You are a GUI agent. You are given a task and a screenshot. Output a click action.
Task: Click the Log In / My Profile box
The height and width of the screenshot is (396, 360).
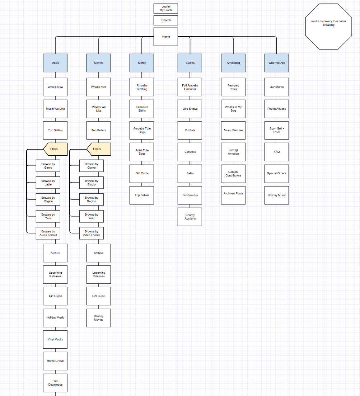(166, 8)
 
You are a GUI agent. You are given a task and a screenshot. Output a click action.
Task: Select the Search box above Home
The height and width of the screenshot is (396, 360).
(166, 20)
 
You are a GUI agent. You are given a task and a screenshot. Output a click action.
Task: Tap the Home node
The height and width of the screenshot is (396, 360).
(166, 37)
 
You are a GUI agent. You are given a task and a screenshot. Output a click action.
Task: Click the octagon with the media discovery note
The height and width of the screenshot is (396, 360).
(328, 26)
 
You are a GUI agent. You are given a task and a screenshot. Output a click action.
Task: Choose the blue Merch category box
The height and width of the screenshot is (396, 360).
(142, 63)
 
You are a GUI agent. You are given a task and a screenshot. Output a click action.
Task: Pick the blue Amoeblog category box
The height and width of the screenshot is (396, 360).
(233, 63)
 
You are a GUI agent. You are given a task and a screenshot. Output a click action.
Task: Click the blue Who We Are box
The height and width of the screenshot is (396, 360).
(276, 63)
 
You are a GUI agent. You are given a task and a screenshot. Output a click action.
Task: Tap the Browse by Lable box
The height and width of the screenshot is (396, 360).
(48, 183)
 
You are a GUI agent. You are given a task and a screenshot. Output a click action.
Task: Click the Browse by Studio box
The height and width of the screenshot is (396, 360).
(92, 183)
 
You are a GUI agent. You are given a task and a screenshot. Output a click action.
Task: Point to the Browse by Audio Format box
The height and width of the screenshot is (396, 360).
(48, 233)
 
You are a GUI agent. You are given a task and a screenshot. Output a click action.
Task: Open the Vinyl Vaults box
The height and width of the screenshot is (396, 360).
(55, 339)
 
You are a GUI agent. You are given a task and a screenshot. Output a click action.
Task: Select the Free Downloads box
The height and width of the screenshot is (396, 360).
(55, 383)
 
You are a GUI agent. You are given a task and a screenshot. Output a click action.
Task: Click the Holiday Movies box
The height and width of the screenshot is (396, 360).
(99, 318)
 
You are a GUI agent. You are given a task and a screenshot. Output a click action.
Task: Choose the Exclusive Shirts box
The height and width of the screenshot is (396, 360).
(142, 109)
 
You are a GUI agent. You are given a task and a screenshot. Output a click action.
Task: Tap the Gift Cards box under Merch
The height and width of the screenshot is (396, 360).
(142, 173)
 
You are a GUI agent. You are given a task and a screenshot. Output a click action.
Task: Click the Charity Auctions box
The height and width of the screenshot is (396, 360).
(190, 217)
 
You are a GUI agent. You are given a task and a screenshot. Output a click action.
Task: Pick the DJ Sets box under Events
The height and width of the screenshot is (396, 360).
(190, 130)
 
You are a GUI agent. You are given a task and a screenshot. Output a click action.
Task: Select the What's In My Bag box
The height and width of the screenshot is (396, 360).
(233, 109)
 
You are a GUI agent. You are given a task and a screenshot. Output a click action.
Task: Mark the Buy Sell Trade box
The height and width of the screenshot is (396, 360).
(276, 130)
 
